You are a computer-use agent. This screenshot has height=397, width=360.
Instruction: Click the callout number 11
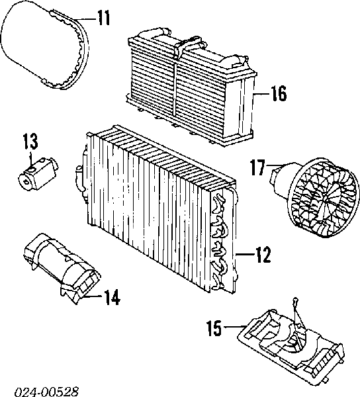(104, 19)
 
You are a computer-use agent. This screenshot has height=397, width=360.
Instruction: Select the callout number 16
(279, 93)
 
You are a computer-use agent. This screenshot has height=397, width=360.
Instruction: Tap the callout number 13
(30, 142)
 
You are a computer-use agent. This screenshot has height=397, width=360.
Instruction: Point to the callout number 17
(257, 167)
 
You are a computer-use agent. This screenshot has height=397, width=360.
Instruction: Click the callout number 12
(263, 255)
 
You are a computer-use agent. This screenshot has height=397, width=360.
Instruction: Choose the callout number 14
(112, 297)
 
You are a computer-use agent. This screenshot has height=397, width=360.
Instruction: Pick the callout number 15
(214, 328)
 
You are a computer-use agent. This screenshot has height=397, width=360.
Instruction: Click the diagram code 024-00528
(46, 392)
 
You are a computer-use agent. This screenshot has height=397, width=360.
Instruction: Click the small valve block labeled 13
(38, 174)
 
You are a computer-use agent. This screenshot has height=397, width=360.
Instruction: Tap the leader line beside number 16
(261, 94)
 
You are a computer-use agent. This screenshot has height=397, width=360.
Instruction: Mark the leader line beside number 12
(245, 254)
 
